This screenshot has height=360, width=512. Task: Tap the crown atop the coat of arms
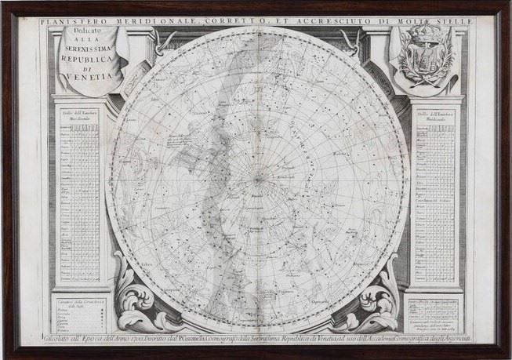[x=427, y=35]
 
